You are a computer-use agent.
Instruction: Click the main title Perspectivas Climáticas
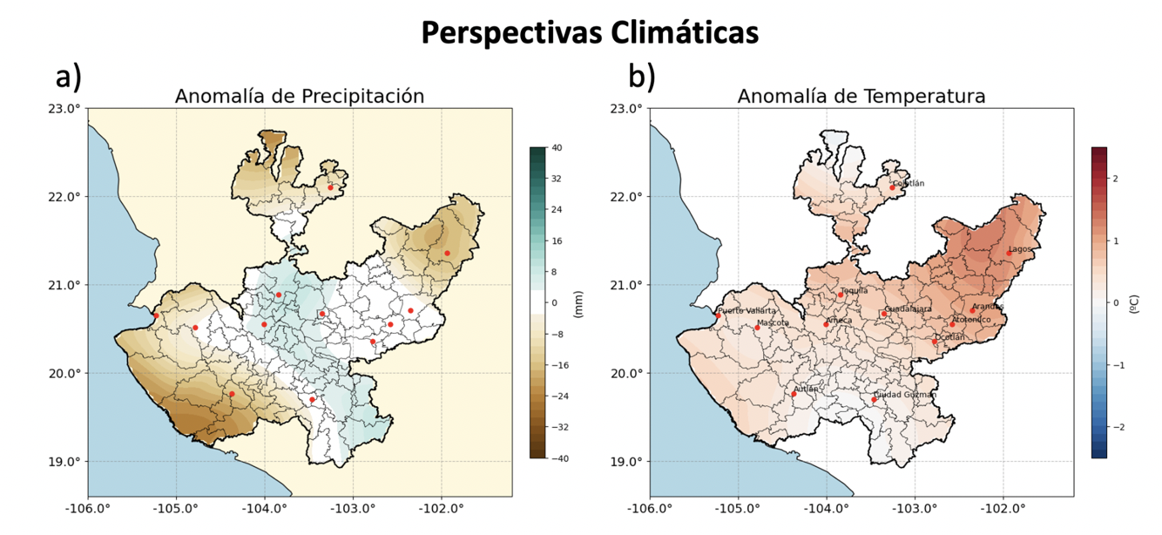click(590, 33)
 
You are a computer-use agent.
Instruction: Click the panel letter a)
click(68, 78)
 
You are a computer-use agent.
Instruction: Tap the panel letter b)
click(642, 78)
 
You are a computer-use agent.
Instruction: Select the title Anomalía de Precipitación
click(300, 97)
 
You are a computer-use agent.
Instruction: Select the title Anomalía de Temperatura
click(861, 97)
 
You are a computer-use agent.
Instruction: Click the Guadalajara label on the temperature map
click(909, 309)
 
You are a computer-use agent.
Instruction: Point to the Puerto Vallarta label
click(747, 311)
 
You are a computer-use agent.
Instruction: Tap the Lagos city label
click(1020, 249)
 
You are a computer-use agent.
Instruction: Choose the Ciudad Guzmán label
click(905, 395)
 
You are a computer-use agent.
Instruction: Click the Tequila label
click(854, 291)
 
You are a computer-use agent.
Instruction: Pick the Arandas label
click(988, 307)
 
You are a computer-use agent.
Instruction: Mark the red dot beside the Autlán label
click(794, 395)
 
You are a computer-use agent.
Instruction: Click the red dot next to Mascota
click(757, 328)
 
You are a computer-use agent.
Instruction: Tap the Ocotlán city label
click(949, 337)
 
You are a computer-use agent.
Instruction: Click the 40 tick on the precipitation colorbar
click(555, 148)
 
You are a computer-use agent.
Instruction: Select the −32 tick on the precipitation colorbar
click(555, 427)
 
